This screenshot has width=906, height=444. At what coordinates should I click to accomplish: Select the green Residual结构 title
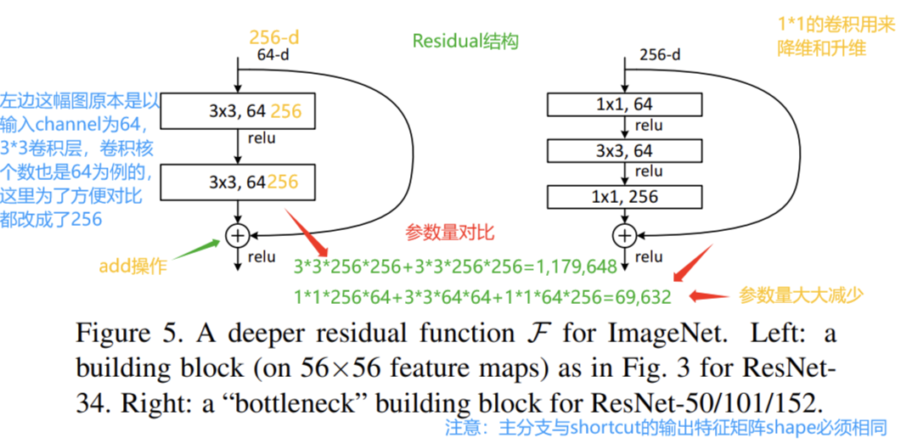tap(465, 42)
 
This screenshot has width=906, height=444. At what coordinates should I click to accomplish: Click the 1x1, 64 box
tap(624, 104)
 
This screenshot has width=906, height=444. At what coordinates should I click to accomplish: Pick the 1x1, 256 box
tap(624, 197)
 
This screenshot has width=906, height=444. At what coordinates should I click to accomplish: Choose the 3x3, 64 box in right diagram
tap(624, 151)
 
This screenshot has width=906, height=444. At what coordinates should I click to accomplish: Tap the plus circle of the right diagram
tap(624, 235)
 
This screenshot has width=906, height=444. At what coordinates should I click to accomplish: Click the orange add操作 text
tap(133, 267)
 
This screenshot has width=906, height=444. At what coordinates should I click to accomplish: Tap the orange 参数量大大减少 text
tap(801, 295)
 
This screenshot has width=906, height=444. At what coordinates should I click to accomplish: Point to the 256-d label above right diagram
tap(660, 55)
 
